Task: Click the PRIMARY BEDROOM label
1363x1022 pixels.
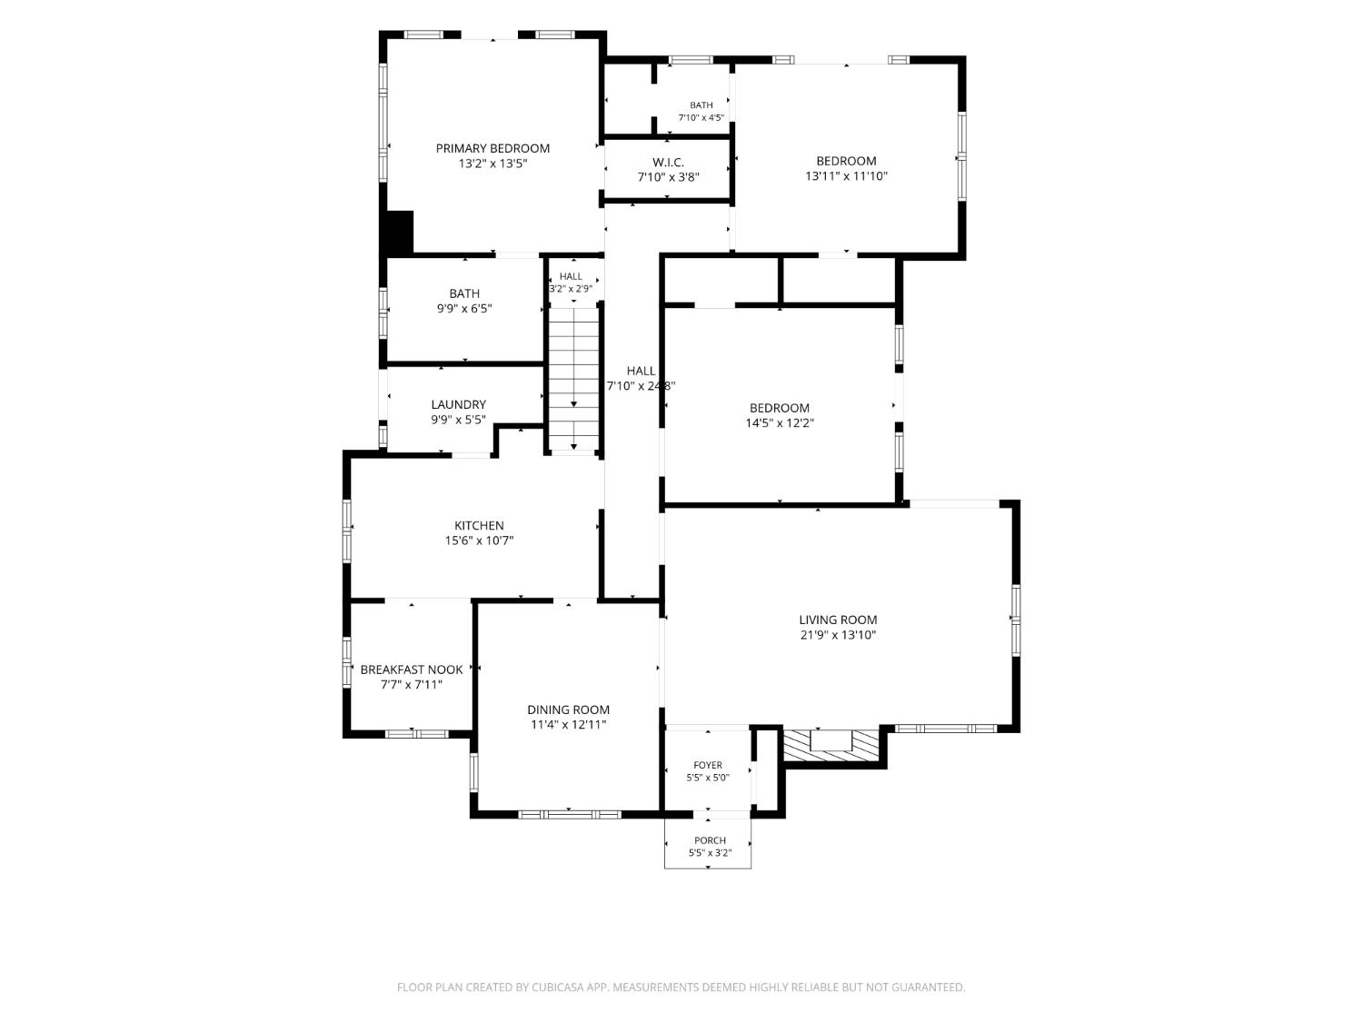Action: [x=492, y=148]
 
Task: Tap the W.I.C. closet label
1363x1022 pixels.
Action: [x=668, y=163]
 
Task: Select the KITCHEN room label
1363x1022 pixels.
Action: [x=479, y=526]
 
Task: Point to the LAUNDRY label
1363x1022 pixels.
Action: [x=458, y=404]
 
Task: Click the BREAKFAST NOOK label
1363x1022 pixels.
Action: [x=411, y=670]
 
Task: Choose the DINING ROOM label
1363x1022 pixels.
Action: [x=568, y=709]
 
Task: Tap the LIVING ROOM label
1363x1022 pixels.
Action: [x=838, y=620]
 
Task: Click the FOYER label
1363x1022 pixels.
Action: [x=708, y=765]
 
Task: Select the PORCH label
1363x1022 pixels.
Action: [x=710, y=840]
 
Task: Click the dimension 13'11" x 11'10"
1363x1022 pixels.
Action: [x=846, y=176]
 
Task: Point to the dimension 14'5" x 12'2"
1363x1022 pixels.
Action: [x=780, y=423]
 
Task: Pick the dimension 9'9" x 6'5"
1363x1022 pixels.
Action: [x=463, y=308]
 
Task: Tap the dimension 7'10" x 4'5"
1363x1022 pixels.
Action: [x=701, y=117]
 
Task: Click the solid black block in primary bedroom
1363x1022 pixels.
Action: [x=400, y=232]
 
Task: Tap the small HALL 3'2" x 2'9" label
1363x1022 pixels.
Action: [x=571, y=283]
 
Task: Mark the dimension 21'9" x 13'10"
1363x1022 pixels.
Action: [x=838, y=635]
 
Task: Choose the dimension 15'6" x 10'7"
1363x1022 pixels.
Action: [x=479, y=541]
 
